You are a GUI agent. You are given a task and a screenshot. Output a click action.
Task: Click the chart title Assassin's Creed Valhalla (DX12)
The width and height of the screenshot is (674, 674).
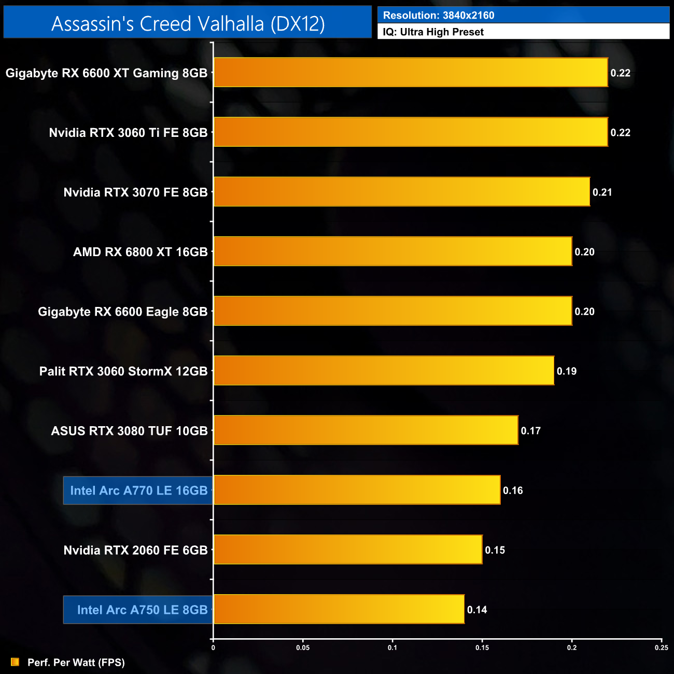188,23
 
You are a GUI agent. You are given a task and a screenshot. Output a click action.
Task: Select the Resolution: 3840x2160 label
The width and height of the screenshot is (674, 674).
439,15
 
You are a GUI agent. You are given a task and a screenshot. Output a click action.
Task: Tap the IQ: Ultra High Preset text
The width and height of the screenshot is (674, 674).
433,32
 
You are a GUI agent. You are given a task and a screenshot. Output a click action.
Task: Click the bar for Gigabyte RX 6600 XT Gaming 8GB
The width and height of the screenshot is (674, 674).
410,73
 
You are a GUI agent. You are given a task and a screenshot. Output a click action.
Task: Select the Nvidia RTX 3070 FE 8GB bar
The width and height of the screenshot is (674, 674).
401,192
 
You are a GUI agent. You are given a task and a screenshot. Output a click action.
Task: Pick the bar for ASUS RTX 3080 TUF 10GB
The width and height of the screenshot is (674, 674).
366,430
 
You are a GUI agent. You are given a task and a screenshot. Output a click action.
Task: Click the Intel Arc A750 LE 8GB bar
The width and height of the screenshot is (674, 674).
339,609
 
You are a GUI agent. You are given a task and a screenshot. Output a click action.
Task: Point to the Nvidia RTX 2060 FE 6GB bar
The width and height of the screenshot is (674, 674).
347,550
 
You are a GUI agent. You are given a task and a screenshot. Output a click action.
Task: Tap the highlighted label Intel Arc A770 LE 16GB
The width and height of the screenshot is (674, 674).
138,490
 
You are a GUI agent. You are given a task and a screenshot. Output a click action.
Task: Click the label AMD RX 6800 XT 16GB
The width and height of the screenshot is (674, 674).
140,252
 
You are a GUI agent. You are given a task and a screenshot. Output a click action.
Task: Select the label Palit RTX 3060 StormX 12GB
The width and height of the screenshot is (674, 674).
123,371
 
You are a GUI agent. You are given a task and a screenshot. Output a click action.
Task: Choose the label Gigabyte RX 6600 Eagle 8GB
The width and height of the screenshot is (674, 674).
122,312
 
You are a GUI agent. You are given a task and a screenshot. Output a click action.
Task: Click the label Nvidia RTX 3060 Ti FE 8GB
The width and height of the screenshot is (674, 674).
128,133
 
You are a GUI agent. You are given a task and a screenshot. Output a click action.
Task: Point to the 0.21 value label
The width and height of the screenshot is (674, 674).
602,192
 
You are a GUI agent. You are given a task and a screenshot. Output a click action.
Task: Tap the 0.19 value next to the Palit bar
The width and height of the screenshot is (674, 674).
566,371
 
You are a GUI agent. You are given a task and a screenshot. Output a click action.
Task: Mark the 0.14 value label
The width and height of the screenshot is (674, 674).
477,610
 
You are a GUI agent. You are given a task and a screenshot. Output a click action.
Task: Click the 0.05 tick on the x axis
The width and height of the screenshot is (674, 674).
303,648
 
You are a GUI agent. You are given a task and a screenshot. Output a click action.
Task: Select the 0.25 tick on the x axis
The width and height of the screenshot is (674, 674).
661,648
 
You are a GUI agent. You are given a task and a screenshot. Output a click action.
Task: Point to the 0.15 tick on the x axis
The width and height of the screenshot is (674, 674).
482,648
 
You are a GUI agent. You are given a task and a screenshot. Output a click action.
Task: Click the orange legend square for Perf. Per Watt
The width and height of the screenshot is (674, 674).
15,662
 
